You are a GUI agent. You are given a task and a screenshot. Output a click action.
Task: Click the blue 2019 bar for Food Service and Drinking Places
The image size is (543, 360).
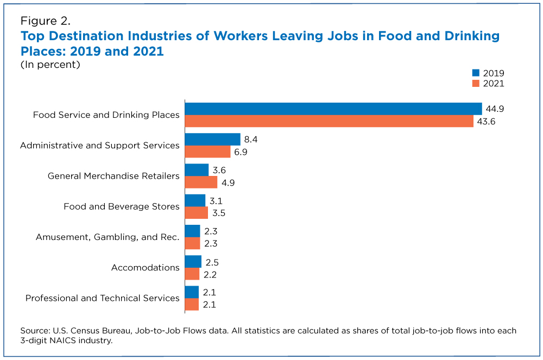[333, 109]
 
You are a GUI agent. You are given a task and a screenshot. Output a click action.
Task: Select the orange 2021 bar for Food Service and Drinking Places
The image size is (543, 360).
[329, 121]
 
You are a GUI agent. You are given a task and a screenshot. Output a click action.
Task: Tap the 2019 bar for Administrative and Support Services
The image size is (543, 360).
[212, 140]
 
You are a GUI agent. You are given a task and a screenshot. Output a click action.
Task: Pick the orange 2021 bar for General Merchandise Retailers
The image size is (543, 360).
[201, 182]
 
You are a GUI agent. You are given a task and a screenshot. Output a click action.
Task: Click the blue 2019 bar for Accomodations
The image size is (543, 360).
[193, 262]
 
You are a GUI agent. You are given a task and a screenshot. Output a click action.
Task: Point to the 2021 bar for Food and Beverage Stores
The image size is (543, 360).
[196, 212]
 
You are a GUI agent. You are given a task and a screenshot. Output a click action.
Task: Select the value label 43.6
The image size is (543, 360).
[487, 121]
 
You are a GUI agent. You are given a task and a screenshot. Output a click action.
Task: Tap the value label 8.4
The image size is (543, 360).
[251, 140]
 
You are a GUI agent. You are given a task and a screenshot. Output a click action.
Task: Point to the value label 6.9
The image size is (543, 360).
[241, 151]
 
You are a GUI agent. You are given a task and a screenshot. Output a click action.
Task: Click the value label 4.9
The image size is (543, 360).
[228, 182]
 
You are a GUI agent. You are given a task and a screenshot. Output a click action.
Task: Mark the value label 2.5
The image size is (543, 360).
[212, 262]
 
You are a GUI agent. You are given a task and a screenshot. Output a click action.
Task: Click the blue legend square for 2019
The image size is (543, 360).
[476, 73]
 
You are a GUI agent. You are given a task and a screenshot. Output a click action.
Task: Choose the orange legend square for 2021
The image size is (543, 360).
[476, 83]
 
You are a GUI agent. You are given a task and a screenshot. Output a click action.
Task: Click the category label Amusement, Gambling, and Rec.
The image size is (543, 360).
[108, 237]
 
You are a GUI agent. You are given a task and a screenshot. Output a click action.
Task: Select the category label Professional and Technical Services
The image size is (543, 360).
[102, 298]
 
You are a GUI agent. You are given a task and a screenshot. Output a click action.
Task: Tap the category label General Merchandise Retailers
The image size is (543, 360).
[113, 176]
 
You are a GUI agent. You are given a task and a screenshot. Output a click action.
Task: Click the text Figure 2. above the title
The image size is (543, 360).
[46, 22]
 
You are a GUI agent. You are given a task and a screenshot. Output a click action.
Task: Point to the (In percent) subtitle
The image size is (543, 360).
[50, 65]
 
